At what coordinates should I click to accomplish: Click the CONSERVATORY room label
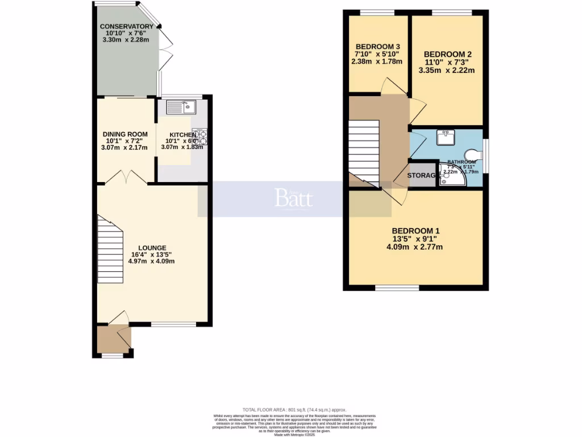pos(126,27)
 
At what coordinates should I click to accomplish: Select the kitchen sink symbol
pos(181,106)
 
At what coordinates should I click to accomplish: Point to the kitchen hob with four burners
pos(200,137)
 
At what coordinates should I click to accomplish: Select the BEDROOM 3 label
pos(378,47)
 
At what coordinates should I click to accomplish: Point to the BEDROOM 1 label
pos(415,230)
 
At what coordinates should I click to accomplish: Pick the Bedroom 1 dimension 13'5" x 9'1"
pos(415,239)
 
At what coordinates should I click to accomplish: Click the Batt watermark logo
pos(294,199)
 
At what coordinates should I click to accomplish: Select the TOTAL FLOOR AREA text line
pos(294,410)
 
